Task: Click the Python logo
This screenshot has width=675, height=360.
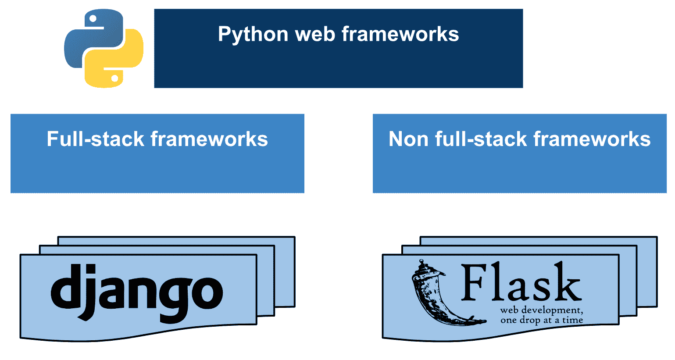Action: (x=104, y=48)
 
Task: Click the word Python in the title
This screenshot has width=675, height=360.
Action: (x=253, y=35)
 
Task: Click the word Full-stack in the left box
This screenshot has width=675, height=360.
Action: (x=96, y=139)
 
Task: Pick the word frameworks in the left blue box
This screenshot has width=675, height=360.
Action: (x=209, y=139)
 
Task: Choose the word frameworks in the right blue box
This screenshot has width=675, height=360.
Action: (x=592, y=139)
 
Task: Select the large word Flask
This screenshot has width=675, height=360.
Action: (x=521, y=283)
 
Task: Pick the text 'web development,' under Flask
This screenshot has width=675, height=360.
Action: (x=541, y=310)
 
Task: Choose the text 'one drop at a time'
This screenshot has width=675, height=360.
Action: (x=542, y=321)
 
